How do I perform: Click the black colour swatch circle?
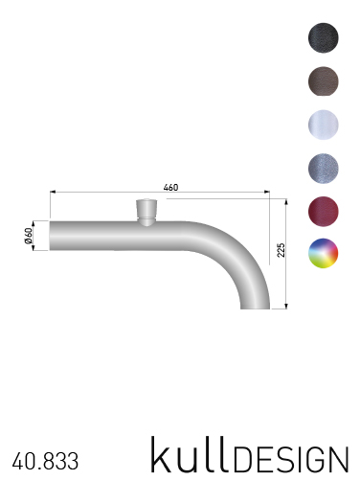(324, 37)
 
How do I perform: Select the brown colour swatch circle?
(324, 81)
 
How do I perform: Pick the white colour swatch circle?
(324, 125)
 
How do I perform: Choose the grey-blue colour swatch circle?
(324, 168)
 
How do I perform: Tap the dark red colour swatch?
(324, 212)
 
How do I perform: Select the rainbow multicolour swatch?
(324, 253)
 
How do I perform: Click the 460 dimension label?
(170, 187)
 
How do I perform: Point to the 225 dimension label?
(281, 250)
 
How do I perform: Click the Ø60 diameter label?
(29, 236)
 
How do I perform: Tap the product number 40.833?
(45, 461)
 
